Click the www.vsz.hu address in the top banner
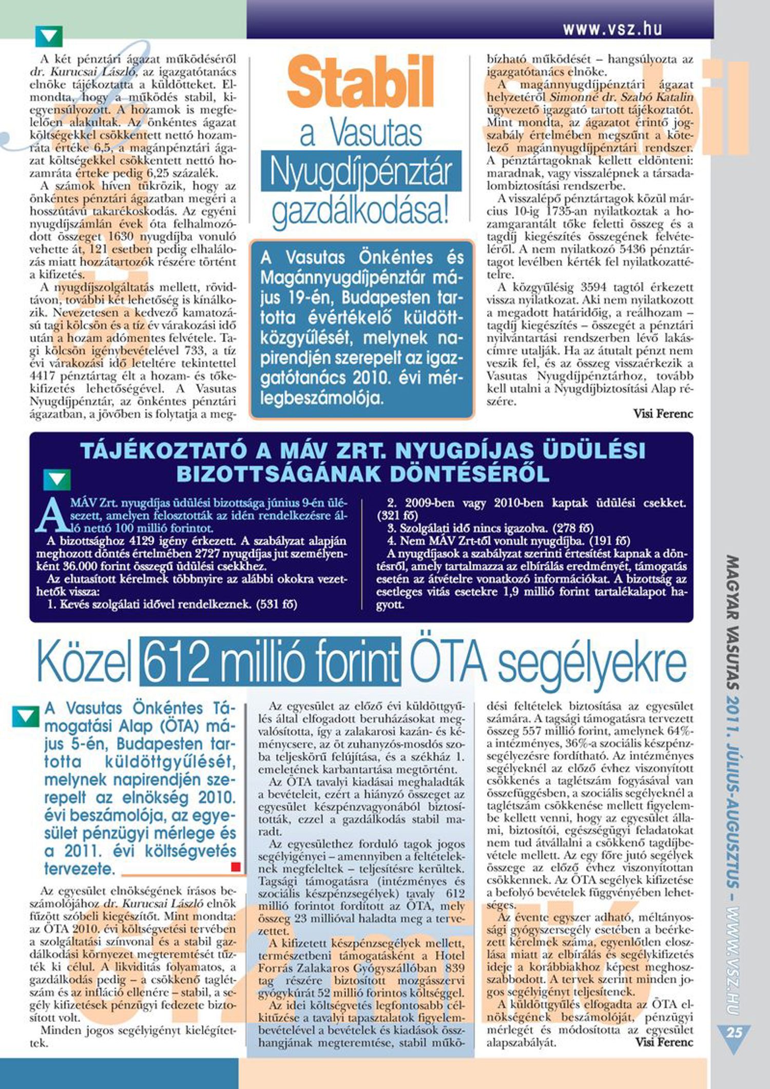click(x=612, y=29)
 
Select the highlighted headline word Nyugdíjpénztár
click(x=361, y=171)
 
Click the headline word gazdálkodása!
click(x=360, y=211)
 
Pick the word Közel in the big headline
click(x=85, y=661)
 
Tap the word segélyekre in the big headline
click(x=592, y=661)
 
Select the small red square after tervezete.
click(x=236, y=867)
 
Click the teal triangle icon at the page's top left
click(x=49, y=36)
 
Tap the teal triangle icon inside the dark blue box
click(x=56, y=480)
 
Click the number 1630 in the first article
click(x=121, y=237)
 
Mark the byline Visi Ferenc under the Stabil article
click(x=663, y=413)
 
